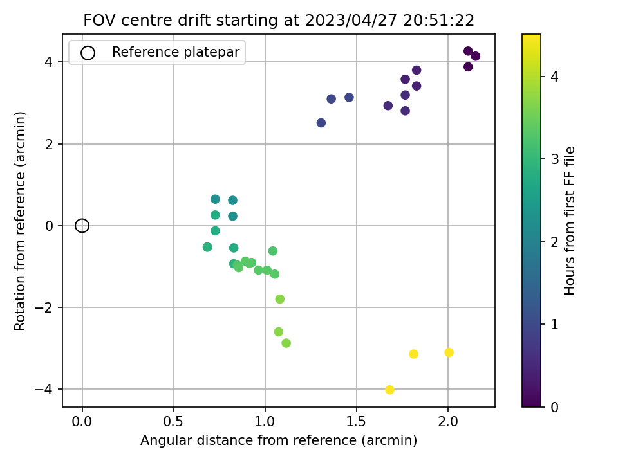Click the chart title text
(279, 21)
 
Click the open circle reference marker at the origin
(82, 226)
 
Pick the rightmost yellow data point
(449, 352)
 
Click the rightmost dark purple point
(475, 56)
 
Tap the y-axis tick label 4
(49, 62)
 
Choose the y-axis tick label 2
(49, 144)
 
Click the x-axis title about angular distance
(279, 441)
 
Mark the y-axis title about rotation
(21, 221)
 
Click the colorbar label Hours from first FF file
(570, 221)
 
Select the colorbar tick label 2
(553, 242)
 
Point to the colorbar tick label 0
(553, 406)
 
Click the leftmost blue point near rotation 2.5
(321, 123)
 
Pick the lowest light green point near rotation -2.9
(286, 343)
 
